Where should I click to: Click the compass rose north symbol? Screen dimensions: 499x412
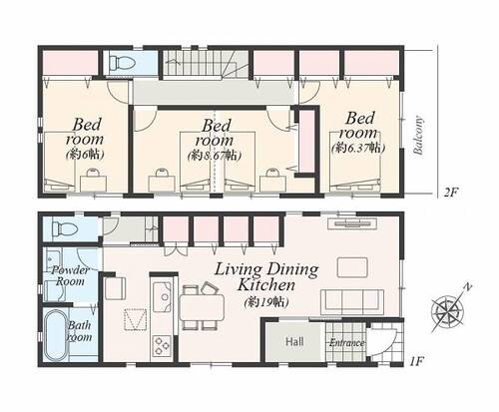(x=449, y=309)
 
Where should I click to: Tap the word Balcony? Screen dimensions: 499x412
(x=418, y=136)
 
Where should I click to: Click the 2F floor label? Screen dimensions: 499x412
(x=451, y=192)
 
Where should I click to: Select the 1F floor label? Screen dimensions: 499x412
(x=416, y=361)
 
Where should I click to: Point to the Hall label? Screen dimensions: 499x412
(x=294, y=341)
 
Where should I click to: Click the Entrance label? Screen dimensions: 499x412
(x=347, y=343)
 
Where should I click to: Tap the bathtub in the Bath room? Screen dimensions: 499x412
(x=56, y=336)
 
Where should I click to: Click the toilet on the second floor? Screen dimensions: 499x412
(x=122, y=63)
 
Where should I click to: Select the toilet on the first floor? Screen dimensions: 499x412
(x=65, y=228)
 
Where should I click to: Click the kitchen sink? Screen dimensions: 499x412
(x=162, y=297)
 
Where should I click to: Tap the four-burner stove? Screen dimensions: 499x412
(x=162, y=345)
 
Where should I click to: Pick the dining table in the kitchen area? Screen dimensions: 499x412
(x=202, y=307)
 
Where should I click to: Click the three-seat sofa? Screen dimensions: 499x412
(x=352, y=302)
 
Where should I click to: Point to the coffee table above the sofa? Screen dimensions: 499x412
(x=352, y=267)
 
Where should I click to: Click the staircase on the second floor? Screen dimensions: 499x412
(x=206, y=63)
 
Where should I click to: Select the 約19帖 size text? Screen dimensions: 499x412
(x=265, y=302)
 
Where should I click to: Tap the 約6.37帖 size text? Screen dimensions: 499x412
(x=358, y=148)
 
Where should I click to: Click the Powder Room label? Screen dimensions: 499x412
(x=70, y=275)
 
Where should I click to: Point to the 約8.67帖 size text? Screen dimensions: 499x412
(x=215, y=156)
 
